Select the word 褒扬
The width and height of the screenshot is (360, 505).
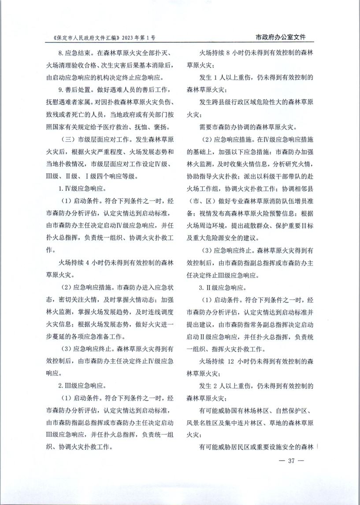point(160,127)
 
